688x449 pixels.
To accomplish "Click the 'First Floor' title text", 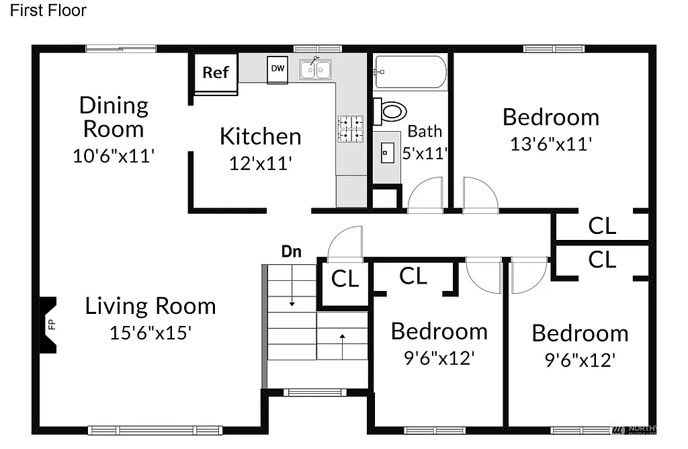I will (48, 11).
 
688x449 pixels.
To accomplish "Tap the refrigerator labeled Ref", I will (216, 73).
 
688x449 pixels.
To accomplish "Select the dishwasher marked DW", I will (277, 69).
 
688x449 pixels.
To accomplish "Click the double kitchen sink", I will (316, 69).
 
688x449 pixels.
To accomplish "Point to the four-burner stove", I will (350, 128).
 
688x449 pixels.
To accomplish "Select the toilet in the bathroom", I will (391, 111).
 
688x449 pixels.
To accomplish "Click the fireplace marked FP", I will (50, 325).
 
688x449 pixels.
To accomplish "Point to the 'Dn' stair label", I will (291, 252).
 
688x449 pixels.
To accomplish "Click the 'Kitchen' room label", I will (260, 136).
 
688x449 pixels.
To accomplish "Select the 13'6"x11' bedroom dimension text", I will (550, 143).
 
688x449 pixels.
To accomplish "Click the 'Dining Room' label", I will (113, 117).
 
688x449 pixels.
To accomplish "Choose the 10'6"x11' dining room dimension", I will (114, 156).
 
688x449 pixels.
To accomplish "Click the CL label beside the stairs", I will (345, 278).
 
